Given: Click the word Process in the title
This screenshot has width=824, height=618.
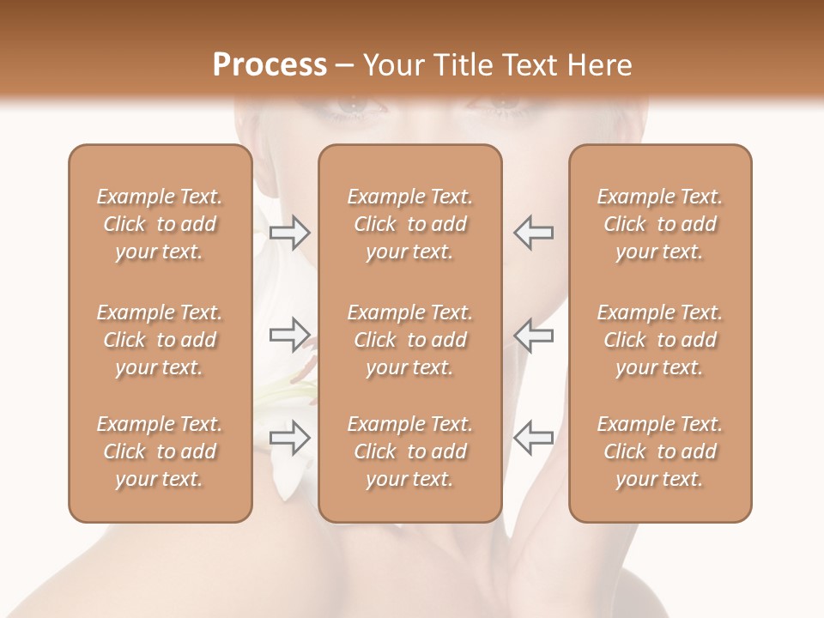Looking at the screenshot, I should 270,65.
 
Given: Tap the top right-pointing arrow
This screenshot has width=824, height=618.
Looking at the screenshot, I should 290,233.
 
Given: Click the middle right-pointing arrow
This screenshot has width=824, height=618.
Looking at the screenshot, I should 290,335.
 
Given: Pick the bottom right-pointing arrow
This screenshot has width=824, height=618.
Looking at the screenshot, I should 290,438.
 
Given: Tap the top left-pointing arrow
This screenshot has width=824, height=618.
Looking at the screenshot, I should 533,233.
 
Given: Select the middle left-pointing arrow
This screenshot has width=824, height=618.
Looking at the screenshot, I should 533,335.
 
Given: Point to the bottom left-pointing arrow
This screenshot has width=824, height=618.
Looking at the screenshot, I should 533,438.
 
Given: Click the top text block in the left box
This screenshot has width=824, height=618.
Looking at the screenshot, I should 160,224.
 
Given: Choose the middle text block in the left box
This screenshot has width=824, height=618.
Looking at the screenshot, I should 160,340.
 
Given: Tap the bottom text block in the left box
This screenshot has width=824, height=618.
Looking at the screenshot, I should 160,451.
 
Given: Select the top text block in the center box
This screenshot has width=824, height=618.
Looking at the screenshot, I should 409,224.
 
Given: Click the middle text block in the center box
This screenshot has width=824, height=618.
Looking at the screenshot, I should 409,340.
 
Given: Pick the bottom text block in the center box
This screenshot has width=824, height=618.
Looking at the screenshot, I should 409,451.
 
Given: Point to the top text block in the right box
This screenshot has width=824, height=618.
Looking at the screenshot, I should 659,224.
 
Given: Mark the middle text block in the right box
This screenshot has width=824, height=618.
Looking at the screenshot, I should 659,340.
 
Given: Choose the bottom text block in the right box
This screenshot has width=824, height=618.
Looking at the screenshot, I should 659,451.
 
